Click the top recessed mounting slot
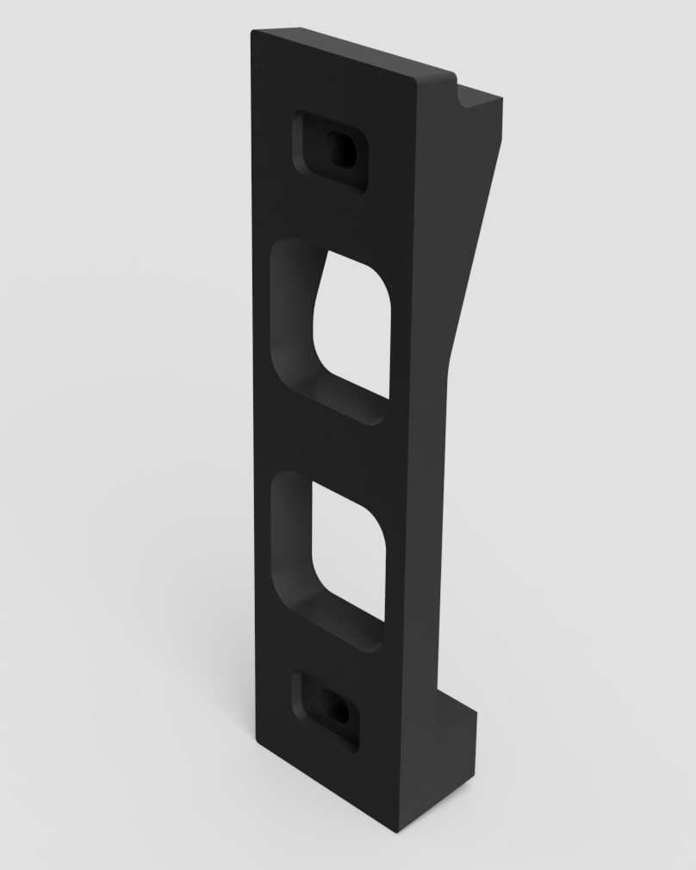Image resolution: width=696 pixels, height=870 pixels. [x=332, y=152]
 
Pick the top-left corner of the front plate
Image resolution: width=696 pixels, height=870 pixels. [x=254, y=34]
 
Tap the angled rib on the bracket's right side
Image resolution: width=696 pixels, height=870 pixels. [x=469, y=258]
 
